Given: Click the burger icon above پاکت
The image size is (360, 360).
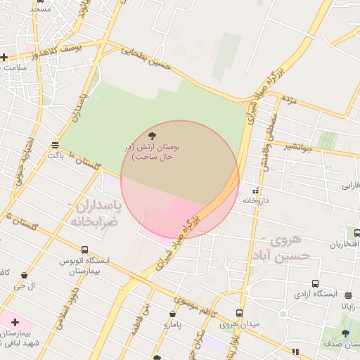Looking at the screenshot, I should (x=55, y=145).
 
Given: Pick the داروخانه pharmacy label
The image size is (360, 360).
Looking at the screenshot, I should (x=256, y=200).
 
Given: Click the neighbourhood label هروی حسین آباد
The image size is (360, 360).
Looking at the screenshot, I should (x=290, y=248).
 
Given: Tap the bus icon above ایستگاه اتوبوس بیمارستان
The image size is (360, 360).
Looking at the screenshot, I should (x=85, y=250).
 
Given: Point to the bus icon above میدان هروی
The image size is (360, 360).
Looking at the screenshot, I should (x=239, y=313).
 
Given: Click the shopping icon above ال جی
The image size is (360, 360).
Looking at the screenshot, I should (x=25, y=276).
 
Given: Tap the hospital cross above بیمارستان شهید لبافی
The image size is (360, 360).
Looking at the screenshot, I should (x=15, y=321).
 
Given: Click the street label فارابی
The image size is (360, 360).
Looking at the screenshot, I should (x=349, y=186).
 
